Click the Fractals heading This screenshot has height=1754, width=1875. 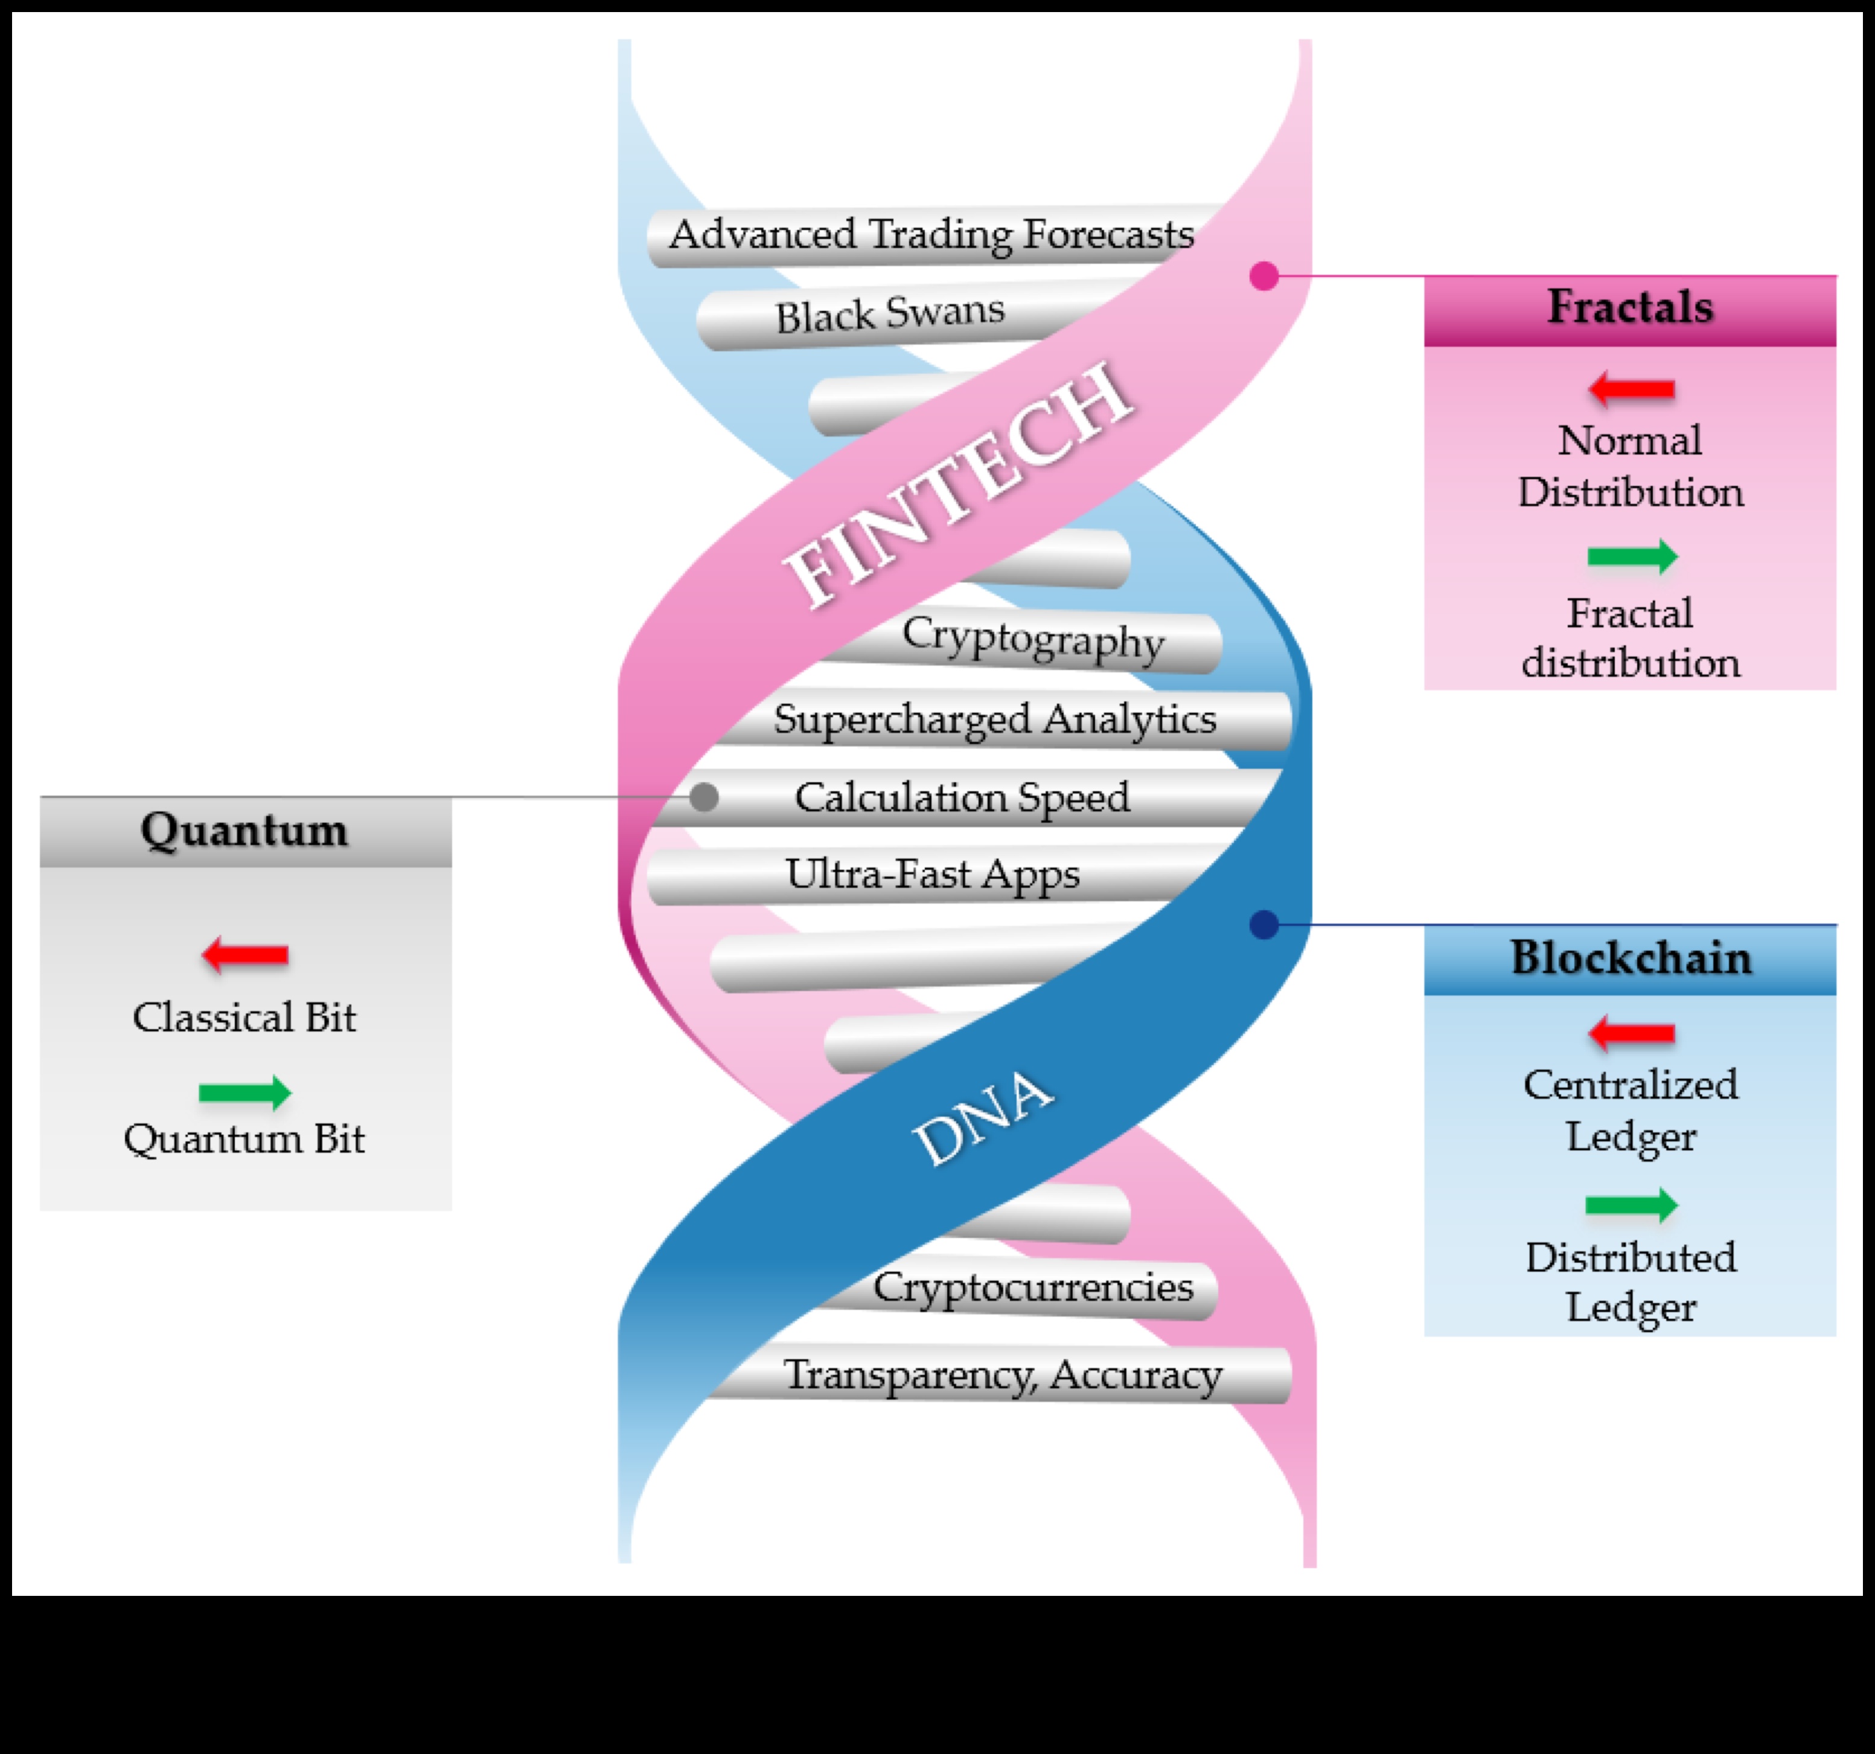pos(1630,307)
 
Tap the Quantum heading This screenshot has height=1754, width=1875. pos(244,831)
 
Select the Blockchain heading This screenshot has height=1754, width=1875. pos(1631,958)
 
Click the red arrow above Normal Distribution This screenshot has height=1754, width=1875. pos(1632,389)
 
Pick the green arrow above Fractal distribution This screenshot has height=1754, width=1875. pos(1632,556)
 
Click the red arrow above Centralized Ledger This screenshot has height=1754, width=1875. pos(1632,1033)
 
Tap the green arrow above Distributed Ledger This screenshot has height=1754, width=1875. pos(1632,1205)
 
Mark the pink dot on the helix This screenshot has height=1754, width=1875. pos(1264,276)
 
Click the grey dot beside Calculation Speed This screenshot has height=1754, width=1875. pos(704,798)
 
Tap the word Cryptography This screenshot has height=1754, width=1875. pos(1033,639)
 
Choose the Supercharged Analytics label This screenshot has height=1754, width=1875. pos(995,719)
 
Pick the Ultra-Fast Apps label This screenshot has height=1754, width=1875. pos(932,874)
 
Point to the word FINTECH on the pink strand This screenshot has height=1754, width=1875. pos(957,486)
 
